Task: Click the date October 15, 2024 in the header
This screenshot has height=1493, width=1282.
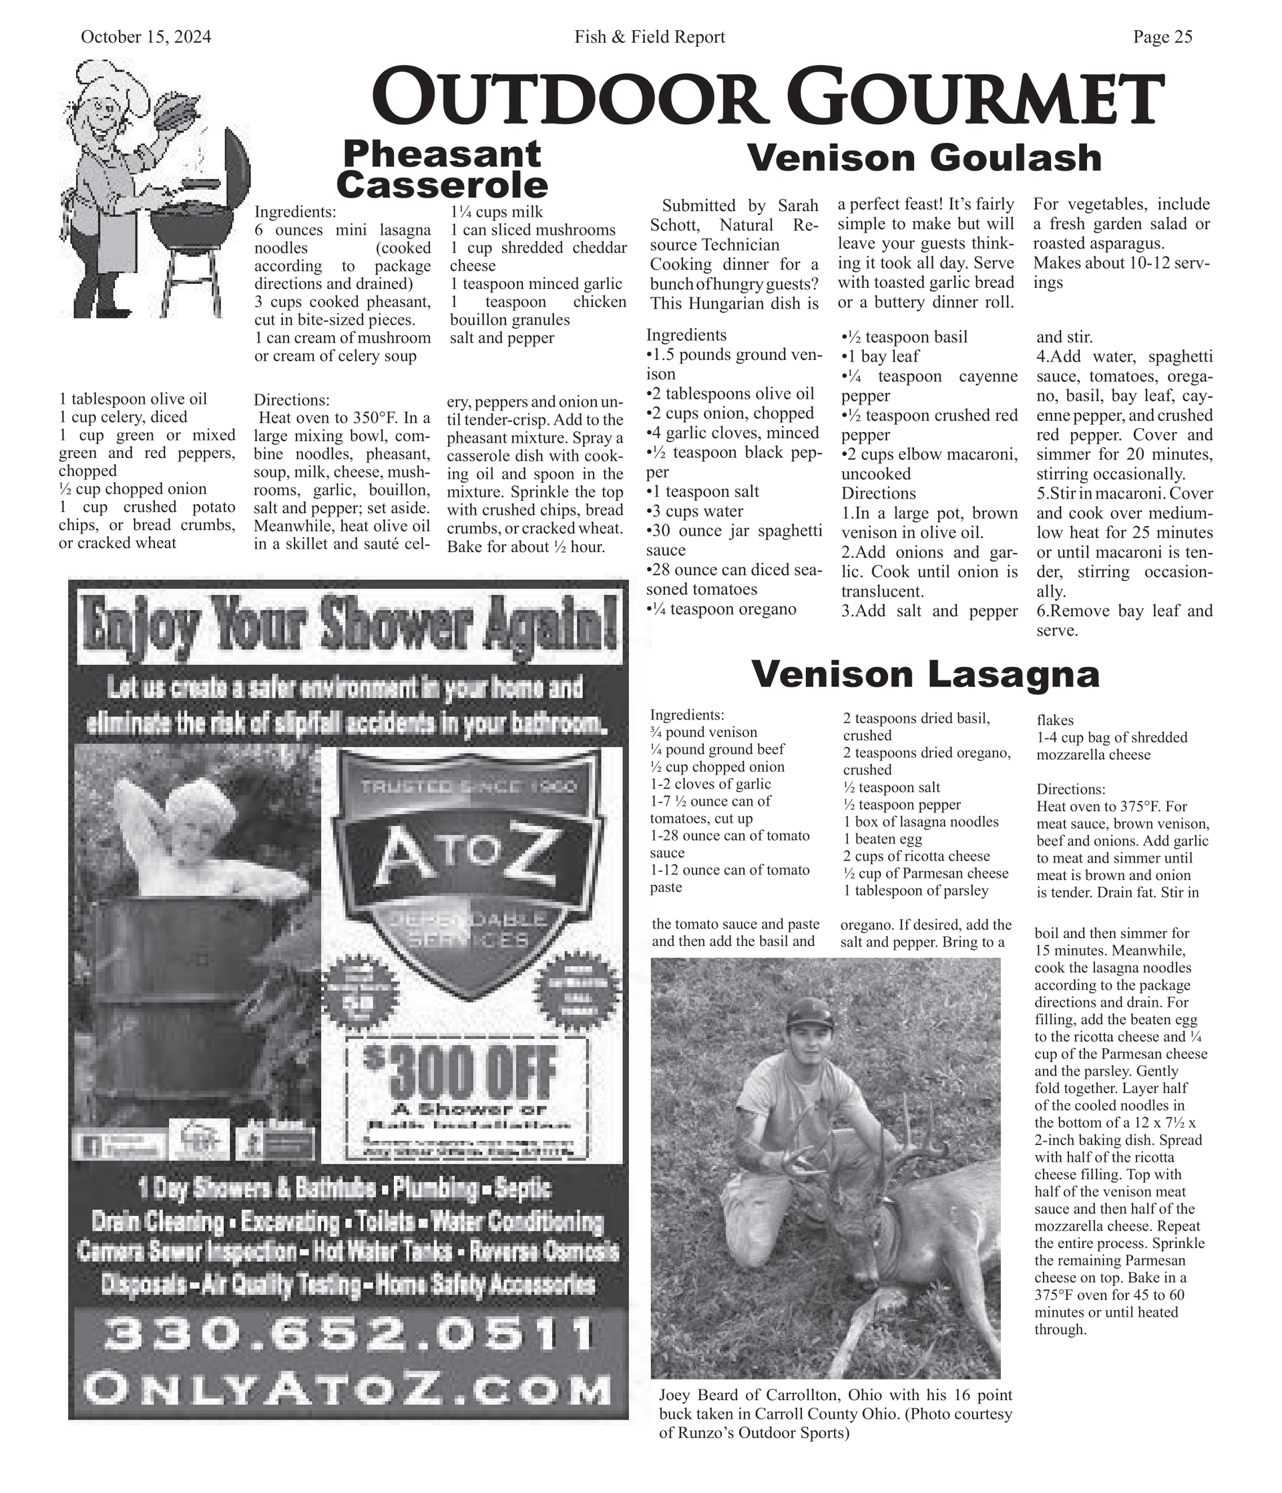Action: [x=146, y=37]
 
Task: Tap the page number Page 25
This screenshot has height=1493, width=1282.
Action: [x=1162, y=37]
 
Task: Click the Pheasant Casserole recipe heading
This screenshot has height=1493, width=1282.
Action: [x=442, y=170]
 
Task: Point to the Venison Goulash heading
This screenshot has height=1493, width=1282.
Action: [x=925, y=158]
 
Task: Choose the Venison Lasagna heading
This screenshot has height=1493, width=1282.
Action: [x=925, y=674]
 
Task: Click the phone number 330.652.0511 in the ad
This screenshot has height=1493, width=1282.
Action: [x=348, y=1335]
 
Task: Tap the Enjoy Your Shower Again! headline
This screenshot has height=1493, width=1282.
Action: [x=349, y=621]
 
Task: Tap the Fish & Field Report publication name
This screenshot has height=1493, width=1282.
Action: [x=649, y=37]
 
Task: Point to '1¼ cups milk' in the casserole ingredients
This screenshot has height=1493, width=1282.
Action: [x=497, y=212]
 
